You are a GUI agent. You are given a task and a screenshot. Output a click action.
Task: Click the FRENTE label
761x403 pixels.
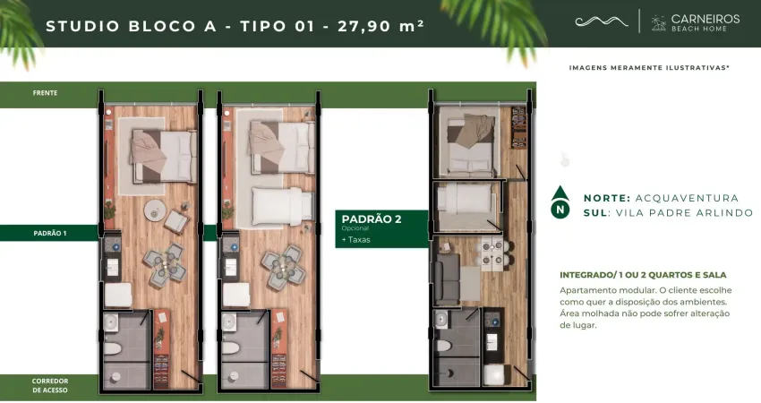pos(45,93)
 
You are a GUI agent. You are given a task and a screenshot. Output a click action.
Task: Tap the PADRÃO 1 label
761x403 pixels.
pos(50,233)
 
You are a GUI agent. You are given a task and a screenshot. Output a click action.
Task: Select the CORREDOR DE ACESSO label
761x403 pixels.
pos(50,385)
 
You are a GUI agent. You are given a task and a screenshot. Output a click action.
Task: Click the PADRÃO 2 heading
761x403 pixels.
pos(372,219)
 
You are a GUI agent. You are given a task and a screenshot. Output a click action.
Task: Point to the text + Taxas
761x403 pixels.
pos(355,240)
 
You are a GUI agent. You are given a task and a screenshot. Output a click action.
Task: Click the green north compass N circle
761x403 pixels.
pos(560,210)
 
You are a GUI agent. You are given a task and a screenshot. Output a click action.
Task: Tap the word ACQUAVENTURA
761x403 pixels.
pos(687,198)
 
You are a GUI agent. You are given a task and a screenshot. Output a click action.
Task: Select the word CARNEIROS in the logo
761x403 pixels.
pos(705,19)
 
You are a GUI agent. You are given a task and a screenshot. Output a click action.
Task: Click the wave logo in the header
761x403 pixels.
pos(602,21)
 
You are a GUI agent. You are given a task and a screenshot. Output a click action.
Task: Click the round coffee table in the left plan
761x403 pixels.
pos(155,210)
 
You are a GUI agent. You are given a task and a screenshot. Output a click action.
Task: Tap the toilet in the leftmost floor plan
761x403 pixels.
pos(113,348)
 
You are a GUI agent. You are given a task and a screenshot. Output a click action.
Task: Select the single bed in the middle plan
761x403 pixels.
pos(282,206)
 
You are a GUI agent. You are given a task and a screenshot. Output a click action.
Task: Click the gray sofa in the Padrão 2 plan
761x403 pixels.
pos(447,279)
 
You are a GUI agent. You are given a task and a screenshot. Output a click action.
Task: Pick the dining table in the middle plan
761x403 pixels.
pos(282,268)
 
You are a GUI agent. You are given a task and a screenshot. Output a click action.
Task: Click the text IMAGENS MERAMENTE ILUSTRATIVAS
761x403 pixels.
pos(649,67)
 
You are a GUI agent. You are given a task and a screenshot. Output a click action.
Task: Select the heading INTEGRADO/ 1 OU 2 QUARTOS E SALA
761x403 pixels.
pos(643,275)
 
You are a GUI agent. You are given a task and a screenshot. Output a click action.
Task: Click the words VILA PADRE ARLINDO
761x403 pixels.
pos(684,212)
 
